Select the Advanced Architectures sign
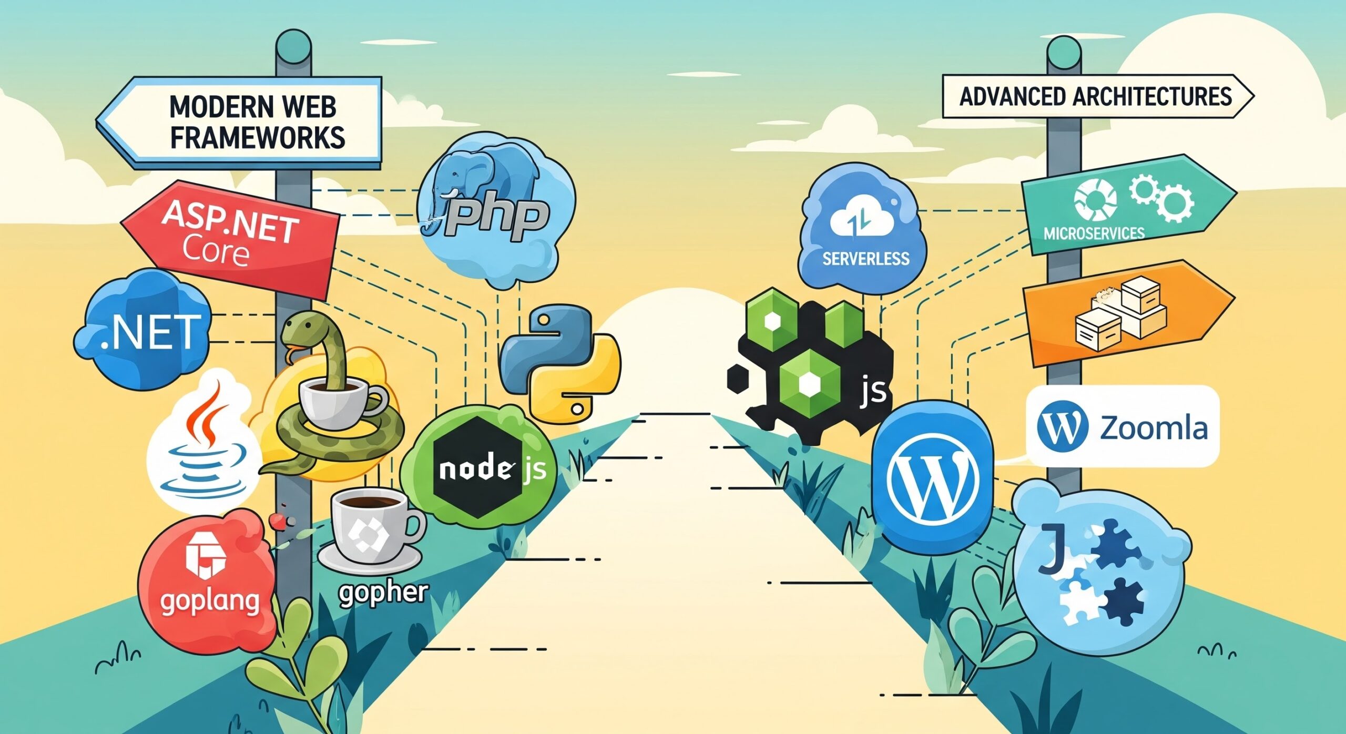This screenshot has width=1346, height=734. pyautogui.click(x=1096, y=97)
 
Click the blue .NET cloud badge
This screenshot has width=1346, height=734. pyautogui.click(x=150, y=331)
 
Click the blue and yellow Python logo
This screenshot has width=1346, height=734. pyautogui.click(x=560, y=363)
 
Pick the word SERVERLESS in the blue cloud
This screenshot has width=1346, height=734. pyautogui.click(x=865, y=259)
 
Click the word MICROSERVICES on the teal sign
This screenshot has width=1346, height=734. pyautogui.click(x=1094, y=233)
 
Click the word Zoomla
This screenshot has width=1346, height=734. pyautogui.click(x=1154, y=427)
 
